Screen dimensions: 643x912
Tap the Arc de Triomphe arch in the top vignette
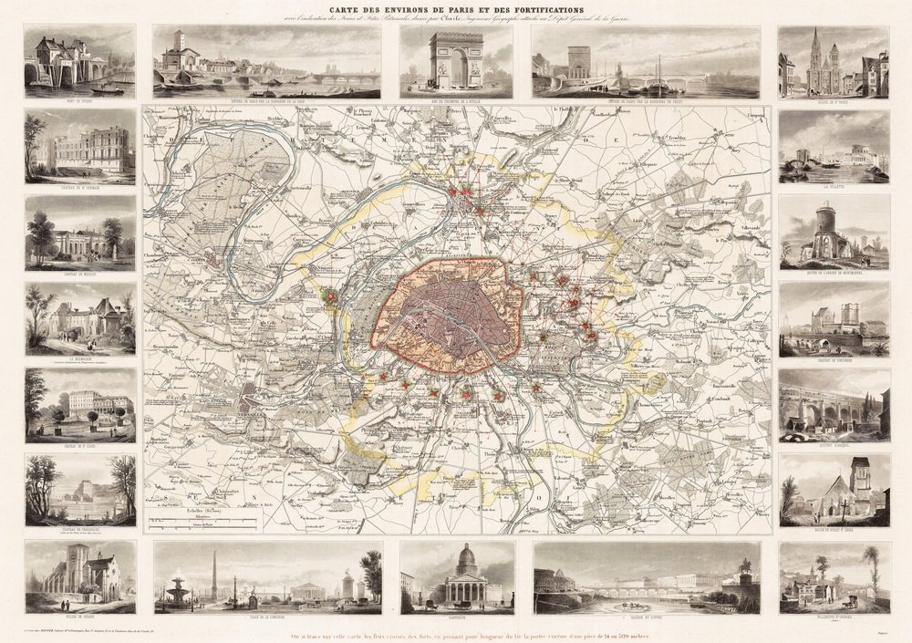coord(456,59)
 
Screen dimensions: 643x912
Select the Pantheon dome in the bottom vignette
coord(466,558)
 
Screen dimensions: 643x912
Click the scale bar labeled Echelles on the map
coord(205,522)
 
